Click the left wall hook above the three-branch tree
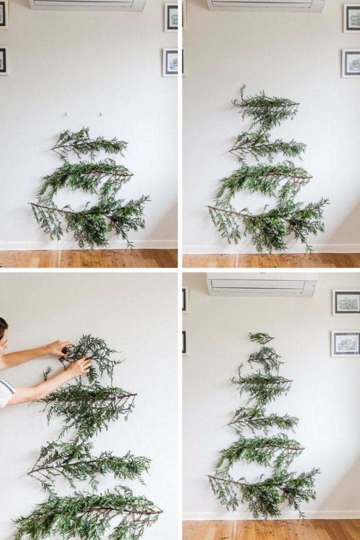pyautogui.click(x=66, y=114)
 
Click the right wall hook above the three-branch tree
pyautogui.click(x=101, y=114)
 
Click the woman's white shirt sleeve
pyautogui.click(x=6, y=392)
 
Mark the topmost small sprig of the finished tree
pyautogui.click(x=261, y=337)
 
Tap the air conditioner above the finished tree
pyautogui.click(x=262, y=284)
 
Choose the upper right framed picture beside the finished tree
pyautogui.click(x=346, y=302)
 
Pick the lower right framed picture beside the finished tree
pyautogui.click(x=346, y=344)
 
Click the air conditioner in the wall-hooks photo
pyautogui.click(x=87, y=5)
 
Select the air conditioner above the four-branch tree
pyautogui.click(x=266, y=5)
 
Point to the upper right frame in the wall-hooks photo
pyautogui.click(x=171, y=17)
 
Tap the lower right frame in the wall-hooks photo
pyautogui.click(x=171, y=62)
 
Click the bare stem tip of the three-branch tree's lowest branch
pyautogui.click(x=31, y=204)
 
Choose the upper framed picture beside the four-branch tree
pyautogui.click(x=352, y=18)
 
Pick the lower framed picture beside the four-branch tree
pyautogui.click(x=351, y=63)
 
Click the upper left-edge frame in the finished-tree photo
pyautogui.click(x=185, y=299)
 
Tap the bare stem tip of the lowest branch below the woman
pyautogui.click(x=160, y=511)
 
